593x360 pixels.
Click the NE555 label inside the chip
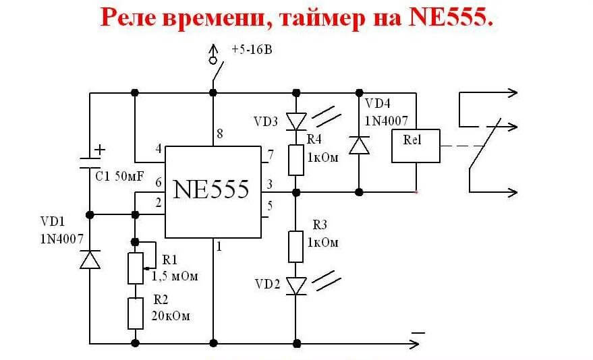point(211,189)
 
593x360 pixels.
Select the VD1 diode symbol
point(90,259)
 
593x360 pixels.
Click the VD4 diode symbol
point(359,145)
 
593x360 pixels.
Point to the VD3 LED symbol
point(295,121)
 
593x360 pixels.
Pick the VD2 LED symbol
point(295,285)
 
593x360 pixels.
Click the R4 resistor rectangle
point(295,160)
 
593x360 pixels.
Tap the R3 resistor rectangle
point(295,246)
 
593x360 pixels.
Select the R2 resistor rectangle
point(136,312)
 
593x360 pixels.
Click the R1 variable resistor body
point(136,268)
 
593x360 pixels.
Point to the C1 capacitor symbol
point(90,161)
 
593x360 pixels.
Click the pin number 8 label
point(219,134)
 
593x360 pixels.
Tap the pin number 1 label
point(218,247)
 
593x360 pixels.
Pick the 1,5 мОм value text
point(173,276)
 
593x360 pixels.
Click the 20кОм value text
point(170,316)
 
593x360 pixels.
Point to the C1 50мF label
point(118,177)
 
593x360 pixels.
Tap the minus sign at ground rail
point(418,332)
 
